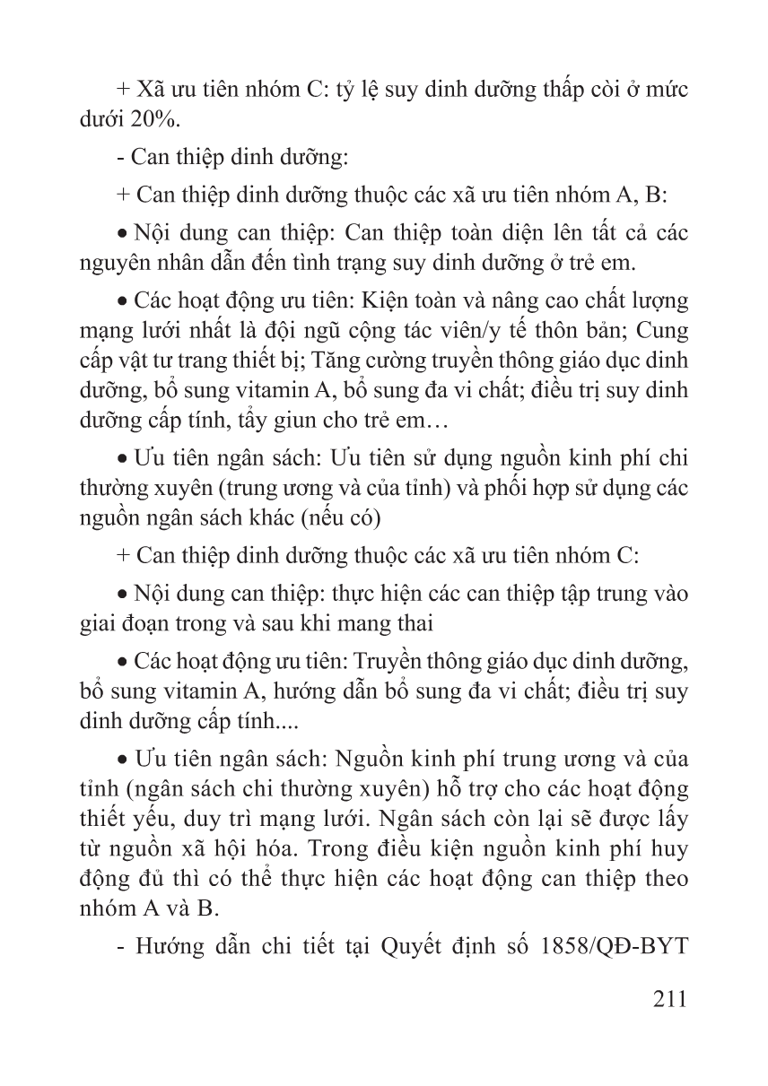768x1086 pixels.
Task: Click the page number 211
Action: click(664, 997)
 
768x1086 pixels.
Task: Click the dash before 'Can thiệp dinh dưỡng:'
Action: click(121, 158)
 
